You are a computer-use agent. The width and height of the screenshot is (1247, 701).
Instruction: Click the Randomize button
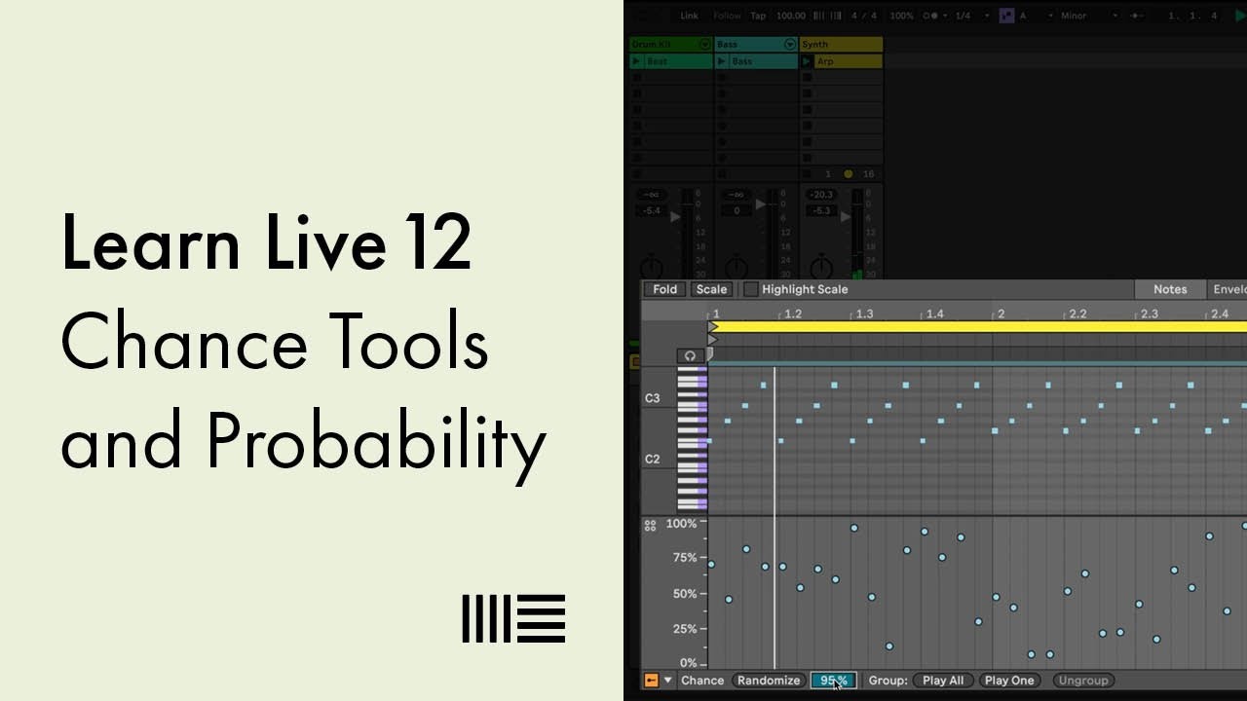(x=769, y=681)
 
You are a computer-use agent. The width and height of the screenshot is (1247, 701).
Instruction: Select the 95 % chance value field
(x=834, y=681)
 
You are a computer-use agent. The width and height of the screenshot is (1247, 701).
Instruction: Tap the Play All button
(x=942, y=681)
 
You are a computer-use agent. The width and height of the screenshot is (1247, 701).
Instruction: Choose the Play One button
(x=1009, y=681)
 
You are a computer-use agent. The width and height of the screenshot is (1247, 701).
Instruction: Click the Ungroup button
(x=1082, y=681)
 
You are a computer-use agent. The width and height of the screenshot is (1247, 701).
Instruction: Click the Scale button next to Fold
(x=711, y=289)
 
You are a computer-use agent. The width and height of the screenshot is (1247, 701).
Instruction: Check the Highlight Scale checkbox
(x=750, y=289)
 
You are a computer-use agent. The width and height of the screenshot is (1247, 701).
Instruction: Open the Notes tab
(x=1170, y=289)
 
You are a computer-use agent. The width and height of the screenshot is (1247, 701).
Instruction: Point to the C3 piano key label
(x=653, y=398)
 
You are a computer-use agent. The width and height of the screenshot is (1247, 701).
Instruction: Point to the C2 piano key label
(x=653, y=459)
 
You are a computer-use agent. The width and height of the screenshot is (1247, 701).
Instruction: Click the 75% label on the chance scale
(x=685, y=558)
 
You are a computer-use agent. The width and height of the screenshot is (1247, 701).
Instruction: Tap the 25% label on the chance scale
(x=685, y=629)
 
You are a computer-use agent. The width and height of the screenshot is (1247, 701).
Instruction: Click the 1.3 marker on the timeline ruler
(x=863, y=314)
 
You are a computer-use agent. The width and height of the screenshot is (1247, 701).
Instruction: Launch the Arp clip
(x=808, y=61)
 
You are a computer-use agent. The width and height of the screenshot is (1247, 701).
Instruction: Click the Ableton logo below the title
(x=513, y=618)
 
